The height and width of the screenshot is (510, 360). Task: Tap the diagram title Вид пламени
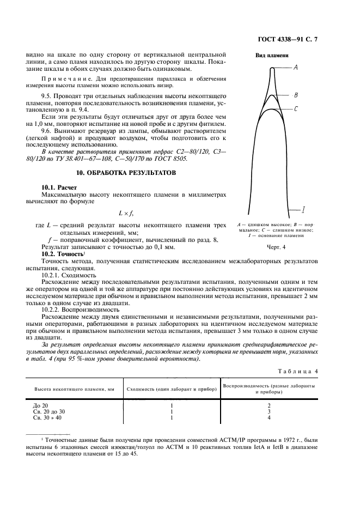pyautogui.click(x=272, y=55)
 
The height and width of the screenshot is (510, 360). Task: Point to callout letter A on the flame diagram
pyautogui.click(x=295, y=68)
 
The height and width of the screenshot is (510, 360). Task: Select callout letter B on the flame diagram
pyautogui.click(x=296, y=95)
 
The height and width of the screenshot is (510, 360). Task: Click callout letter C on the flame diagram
pyautogui.click(x=295, y=108)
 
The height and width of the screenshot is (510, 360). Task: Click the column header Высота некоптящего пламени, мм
pyautogui.click(x=75, y=390)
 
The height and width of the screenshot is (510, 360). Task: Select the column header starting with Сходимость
pyautogui.click(x=171, y=390)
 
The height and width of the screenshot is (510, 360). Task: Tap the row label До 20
pyautogui.click(x=41, y=405)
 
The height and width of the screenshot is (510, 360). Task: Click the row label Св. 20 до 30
pyautogui.click(x=49, y=411)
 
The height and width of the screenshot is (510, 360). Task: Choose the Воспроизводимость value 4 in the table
pyautogui.click(x=269, y=417)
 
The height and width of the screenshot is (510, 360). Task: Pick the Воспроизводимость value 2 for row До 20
pyautogui.click(x=269, y=405)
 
